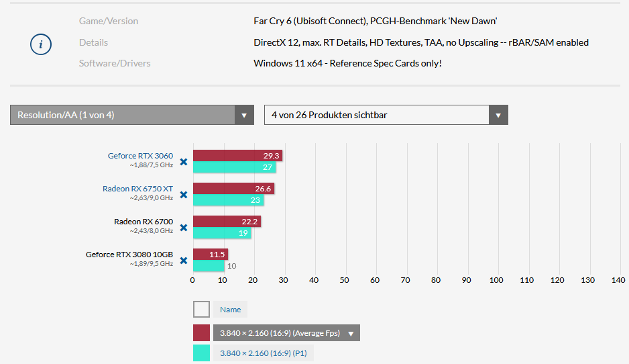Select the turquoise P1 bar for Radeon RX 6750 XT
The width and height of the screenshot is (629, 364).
point(228,200)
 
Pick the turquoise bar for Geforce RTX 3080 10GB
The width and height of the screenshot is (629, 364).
point(209,266)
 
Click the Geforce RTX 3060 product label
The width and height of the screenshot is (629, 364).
point(140,156)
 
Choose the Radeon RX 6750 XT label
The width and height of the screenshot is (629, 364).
point(137,189)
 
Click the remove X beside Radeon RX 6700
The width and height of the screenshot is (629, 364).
point(183,227)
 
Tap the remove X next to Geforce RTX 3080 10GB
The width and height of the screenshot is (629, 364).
point(183,260)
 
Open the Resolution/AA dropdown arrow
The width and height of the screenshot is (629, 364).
point(244,115)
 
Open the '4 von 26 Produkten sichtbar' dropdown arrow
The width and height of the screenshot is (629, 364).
point(498,115)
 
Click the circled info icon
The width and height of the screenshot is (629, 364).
point(41,44)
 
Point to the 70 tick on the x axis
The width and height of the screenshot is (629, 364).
point(406,279)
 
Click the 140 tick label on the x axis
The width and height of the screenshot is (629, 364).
point(618,279)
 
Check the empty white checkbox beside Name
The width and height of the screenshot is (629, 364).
point(201,310)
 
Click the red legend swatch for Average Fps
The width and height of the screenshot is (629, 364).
point(201,333)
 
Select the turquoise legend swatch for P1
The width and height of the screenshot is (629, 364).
point(201,353)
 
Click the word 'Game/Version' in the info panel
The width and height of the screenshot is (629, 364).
point(109,21)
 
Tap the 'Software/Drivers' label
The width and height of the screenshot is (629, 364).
point(115,64)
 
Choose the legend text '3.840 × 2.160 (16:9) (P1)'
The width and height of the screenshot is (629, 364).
point(264,353)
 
